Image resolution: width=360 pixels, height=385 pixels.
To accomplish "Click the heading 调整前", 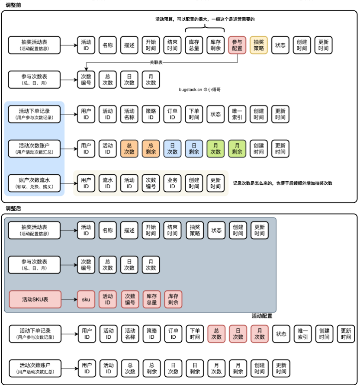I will click(13, 5).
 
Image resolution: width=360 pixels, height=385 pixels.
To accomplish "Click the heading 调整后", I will click(13, 209).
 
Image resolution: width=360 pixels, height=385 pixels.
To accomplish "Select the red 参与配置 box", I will click(237, 45).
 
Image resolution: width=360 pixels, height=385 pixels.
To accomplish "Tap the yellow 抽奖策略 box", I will click(259, 45).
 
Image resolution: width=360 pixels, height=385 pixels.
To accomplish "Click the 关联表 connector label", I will click(156, 62).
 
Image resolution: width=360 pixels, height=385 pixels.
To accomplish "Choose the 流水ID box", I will click(108, 183).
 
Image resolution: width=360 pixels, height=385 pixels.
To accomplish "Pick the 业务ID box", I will click(172, 183).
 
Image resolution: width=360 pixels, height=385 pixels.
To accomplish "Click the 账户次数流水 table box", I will click(35, 183).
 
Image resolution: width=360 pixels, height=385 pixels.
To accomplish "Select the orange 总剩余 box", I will click(151, 149).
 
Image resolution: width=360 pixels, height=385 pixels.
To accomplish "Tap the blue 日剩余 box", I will click(194, 149).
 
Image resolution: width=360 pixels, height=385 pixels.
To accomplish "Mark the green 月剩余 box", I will click(237, 149).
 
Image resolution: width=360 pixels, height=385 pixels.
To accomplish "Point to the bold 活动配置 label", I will click(262, 316).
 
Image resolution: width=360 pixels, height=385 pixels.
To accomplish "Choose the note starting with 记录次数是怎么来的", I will click(283, 183).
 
